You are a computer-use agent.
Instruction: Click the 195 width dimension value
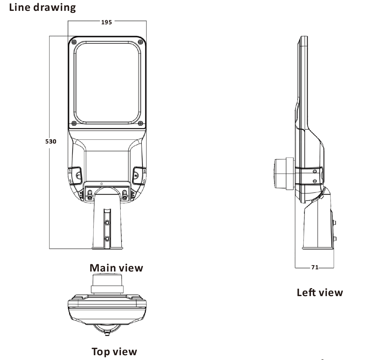tap(107, 22)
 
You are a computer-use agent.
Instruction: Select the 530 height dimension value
tap(51, 141)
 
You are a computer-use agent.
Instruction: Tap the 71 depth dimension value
tap(315, 267)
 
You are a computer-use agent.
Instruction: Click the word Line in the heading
tap(20, 7)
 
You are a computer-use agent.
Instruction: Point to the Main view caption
tap(116, 268)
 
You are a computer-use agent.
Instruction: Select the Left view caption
tap(320, 292)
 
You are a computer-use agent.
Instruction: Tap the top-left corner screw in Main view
tap(74, 42)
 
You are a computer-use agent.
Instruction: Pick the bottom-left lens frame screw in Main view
tap(74, 123)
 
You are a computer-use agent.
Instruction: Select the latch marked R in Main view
tap(137, 175)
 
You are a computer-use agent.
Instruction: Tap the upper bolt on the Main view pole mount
tap(107, 223)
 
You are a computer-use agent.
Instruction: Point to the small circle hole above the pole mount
tap(101, 184)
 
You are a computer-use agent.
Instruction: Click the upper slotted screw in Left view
tap(315, 172)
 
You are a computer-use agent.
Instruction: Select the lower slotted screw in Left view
tap(315, 181)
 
